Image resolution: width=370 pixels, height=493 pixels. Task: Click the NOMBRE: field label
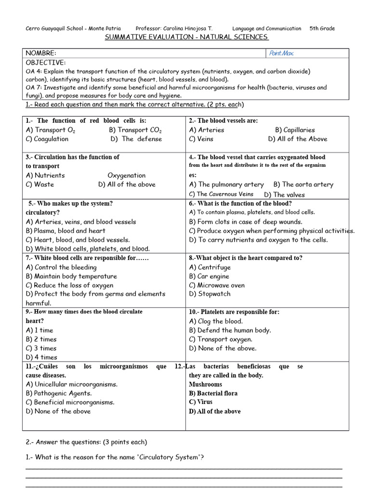pos(41,52)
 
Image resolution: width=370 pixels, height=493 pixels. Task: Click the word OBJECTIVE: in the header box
pos(45,63)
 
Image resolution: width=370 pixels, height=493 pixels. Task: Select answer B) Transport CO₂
pos(135,130)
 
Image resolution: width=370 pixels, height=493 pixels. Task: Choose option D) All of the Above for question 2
pos(297,139)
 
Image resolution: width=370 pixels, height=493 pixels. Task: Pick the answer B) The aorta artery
pos(303,184)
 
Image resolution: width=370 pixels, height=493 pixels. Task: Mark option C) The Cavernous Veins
pos(221,195)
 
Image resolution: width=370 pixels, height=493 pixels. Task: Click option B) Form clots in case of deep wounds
pos(246,222)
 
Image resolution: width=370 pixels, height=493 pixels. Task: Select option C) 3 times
pos(41,348)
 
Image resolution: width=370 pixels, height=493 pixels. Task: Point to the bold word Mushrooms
pos(206,384)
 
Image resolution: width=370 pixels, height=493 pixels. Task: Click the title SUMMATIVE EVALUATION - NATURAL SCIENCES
pos(186,38)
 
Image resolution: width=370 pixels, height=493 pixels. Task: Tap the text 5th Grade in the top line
pos(322,28)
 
